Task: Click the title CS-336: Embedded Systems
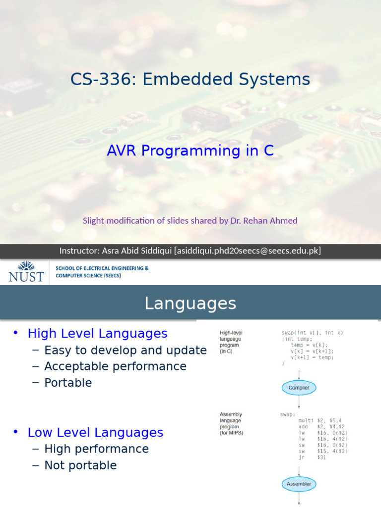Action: tap(190, 79)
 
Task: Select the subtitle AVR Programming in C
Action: tap(190, 151)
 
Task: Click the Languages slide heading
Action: tap(190, 303)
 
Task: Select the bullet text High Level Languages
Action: tap(97, 333)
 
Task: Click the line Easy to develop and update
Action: tap(125, 350)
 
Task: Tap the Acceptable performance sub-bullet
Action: tap(115, 366)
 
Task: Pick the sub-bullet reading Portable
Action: tap(68, 383)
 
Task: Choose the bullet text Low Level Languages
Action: tap(95, 432)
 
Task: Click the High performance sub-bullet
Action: tap(96, 449)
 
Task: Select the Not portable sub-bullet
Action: tap(80, 465)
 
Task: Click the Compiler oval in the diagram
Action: tap(299, 388)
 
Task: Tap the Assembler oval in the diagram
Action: tap(299, 484)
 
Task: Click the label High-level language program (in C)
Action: tap(232, 342)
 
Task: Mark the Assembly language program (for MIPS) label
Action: tap(232, 423)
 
